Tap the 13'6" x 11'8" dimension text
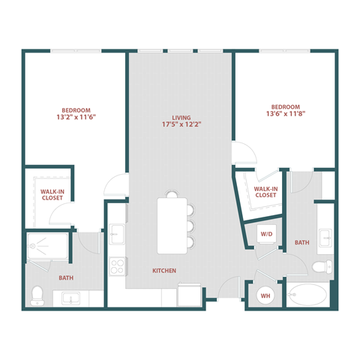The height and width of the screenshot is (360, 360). (x=285, y=115)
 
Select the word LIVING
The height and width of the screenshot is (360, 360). (x=181, y=118)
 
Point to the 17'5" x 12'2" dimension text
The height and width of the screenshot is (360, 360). (x=181, y=126)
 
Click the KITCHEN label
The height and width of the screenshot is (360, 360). (x=164, y=270)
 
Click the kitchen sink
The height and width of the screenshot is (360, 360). (x=118, y=235)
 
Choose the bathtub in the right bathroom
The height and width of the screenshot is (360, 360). (x=307, y=295)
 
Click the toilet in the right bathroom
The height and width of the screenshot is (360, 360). (x=322, y=267)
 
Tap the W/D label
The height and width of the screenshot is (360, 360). (x=266, y=235)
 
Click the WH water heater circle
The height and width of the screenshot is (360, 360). (x=265, y=295)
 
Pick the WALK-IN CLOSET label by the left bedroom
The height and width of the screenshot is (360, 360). (x=52, y=196)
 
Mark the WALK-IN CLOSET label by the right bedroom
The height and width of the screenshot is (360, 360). (x=265, y=192)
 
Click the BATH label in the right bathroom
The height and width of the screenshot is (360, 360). (x=301, y=242)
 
